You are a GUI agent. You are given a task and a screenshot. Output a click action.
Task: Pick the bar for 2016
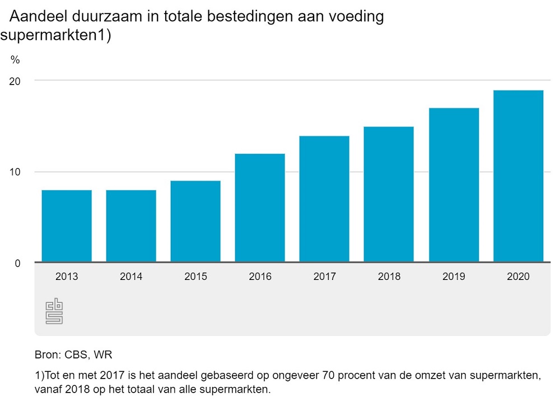pyautogui.click(x=260, y=208)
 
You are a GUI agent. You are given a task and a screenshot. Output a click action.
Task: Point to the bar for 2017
pyautogui.click(x=324, y=199)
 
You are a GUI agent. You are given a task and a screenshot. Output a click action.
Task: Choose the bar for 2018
pyautogui.click(x=389, y=194)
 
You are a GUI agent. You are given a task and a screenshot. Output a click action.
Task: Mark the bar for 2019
pyautogui.click(x=454, y=185)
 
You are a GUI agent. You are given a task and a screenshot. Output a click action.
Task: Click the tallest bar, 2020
pyautogui.click(x=518, y=176)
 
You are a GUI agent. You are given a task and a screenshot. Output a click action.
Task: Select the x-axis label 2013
pyautogui.click(x=67, y=277)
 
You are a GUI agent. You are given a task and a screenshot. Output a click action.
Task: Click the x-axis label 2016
pyautogui.click(x=260, y=277)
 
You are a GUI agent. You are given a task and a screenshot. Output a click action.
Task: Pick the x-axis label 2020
pyautogui.click(x=518, y=277)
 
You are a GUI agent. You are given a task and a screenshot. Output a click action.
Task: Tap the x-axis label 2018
pyautogui.click(x=389, y=277)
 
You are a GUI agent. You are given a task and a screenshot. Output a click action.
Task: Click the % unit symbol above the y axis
pyautogui.click(x=15, y=60)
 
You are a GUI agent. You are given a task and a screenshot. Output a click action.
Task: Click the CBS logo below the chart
pyautogui.click(x=54, y=312)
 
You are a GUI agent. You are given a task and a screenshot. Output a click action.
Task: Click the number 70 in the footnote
pyautogui.click(x=330, y=375)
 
